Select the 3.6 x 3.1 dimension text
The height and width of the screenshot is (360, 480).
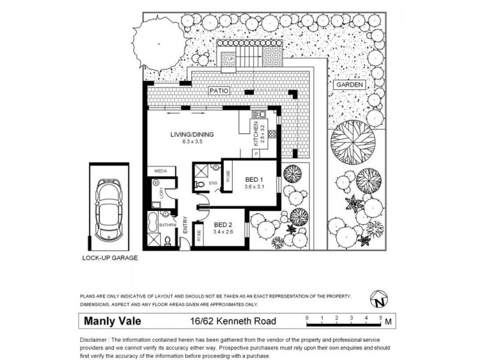tap(255, 187)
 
